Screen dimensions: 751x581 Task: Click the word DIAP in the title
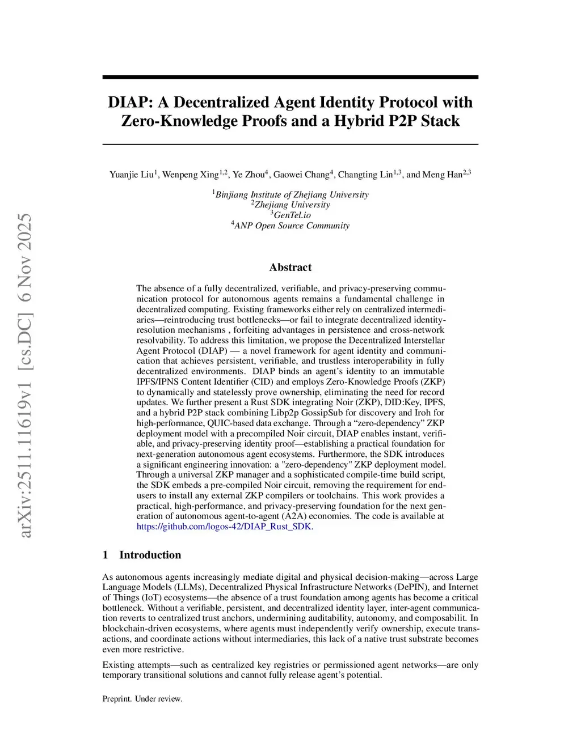129,103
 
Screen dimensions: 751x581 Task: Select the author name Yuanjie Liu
132,175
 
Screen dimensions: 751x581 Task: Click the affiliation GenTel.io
292,215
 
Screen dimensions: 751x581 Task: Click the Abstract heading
290,268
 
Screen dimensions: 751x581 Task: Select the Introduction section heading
150,555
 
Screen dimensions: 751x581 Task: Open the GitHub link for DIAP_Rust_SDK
225,527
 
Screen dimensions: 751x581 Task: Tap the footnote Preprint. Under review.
142,699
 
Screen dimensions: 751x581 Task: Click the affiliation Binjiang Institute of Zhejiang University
292,195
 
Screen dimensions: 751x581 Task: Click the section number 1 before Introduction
105,555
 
